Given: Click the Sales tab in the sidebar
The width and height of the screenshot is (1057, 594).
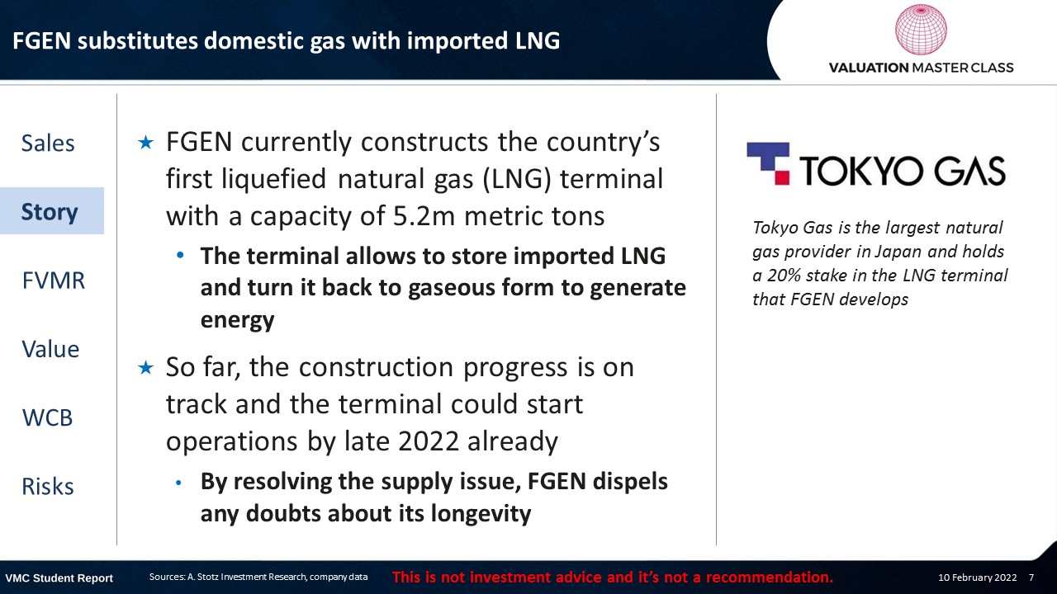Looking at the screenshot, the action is tap(48, 143).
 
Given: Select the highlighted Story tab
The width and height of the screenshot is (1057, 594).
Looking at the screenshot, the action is tap(52, 210).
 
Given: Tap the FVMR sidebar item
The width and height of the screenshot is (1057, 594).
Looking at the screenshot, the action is tap(54, 280).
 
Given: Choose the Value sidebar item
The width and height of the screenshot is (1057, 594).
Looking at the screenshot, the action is tap(50, 349).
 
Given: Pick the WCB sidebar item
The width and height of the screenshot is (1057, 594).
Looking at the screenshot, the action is tap(48, 417).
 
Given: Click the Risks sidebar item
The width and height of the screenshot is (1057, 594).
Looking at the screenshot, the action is tap(48, 487).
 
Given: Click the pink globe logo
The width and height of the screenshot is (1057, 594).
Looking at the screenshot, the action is tap(921, 29).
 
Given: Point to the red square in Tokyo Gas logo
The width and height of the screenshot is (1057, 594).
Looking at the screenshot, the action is tap(783, 177).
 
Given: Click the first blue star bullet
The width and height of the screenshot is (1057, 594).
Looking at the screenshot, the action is tap(146, 143).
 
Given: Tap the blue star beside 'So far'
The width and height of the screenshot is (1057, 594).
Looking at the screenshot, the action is tap(146, 368).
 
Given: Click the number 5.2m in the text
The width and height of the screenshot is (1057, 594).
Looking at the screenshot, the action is tap(424, 216).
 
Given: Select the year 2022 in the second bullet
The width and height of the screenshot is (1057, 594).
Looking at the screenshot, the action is tap(429, 441).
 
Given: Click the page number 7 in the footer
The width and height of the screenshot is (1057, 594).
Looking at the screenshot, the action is tap(1031, 577).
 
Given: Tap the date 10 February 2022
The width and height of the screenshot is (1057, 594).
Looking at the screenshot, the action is tap(977, 577).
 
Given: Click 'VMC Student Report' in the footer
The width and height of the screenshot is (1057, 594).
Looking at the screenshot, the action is tap(59, 578).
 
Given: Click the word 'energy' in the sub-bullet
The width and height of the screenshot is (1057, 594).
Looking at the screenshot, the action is tap(237, 321).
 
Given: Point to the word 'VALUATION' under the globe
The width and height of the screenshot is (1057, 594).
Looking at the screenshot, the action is tap(869, 68).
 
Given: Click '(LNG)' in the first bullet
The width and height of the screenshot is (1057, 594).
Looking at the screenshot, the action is tap(517, 179).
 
